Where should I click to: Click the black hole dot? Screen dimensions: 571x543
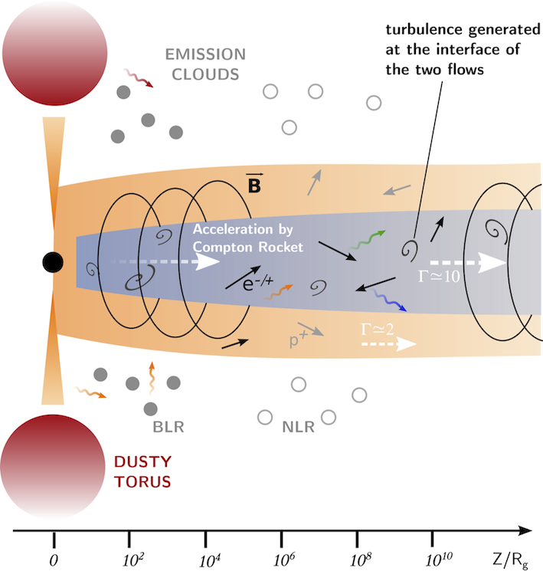[51, 262]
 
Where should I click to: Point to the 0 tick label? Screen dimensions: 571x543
[54, 560]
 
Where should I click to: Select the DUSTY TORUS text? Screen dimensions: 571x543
[142, 472]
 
